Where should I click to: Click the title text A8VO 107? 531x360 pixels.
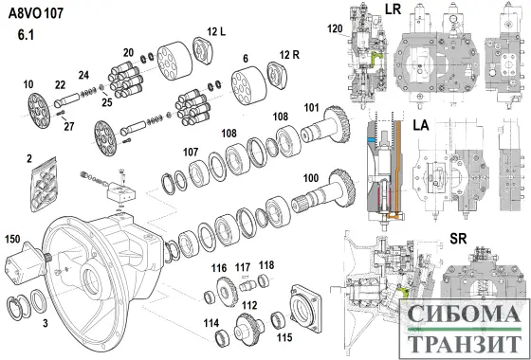click(36, 13)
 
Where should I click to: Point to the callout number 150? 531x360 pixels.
click(12, 239)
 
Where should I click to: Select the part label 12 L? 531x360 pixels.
click(217, 32)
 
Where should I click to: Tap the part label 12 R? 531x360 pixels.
click(289, 55)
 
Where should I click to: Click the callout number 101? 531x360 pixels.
click(311, 108)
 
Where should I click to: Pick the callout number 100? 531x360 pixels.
click(311, 178)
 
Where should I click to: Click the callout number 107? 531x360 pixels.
click(191, 153)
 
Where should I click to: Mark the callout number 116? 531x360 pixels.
click(219, 269)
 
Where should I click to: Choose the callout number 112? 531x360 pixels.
click(249, 305)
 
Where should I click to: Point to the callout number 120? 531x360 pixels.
click(335, 29)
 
